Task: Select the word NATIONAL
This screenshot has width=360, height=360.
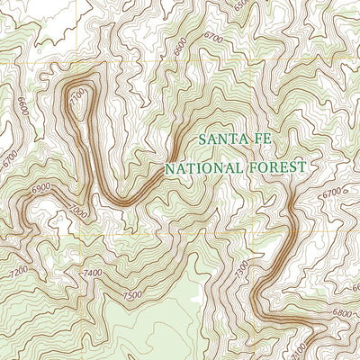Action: [202, 167]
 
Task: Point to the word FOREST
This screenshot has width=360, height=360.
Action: [276, 166]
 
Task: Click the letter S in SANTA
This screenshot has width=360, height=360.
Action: [202, 139]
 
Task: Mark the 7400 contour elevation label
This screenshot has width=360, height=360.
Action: [92, 272]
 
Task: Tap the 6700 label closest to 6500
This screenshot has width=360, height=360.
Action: [213, 37]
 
